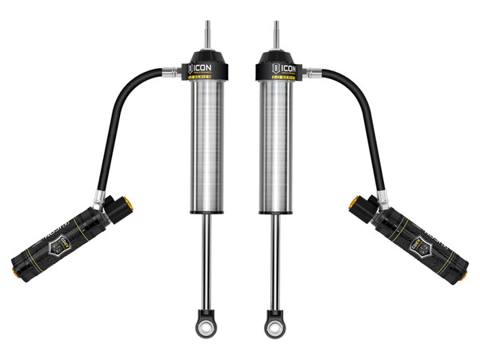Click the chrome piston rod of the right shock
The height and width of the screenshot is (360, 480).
tap(273, 256)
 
